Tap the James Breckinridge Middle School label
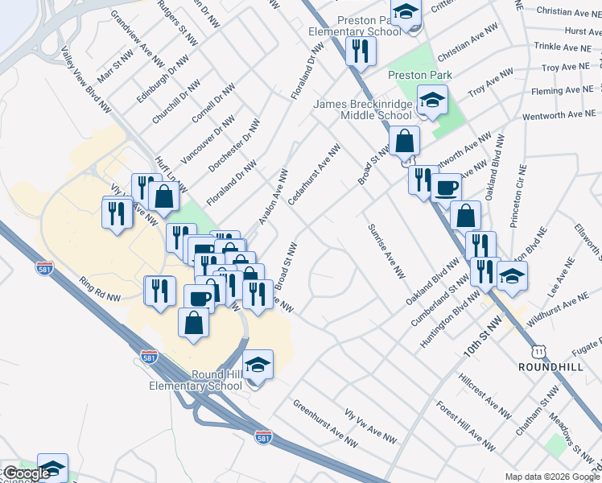(362, 109)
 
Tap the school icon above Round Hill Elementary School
(258, 367)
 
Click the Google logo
(27, 473)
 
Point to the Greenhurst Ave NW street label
(324, 423)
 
